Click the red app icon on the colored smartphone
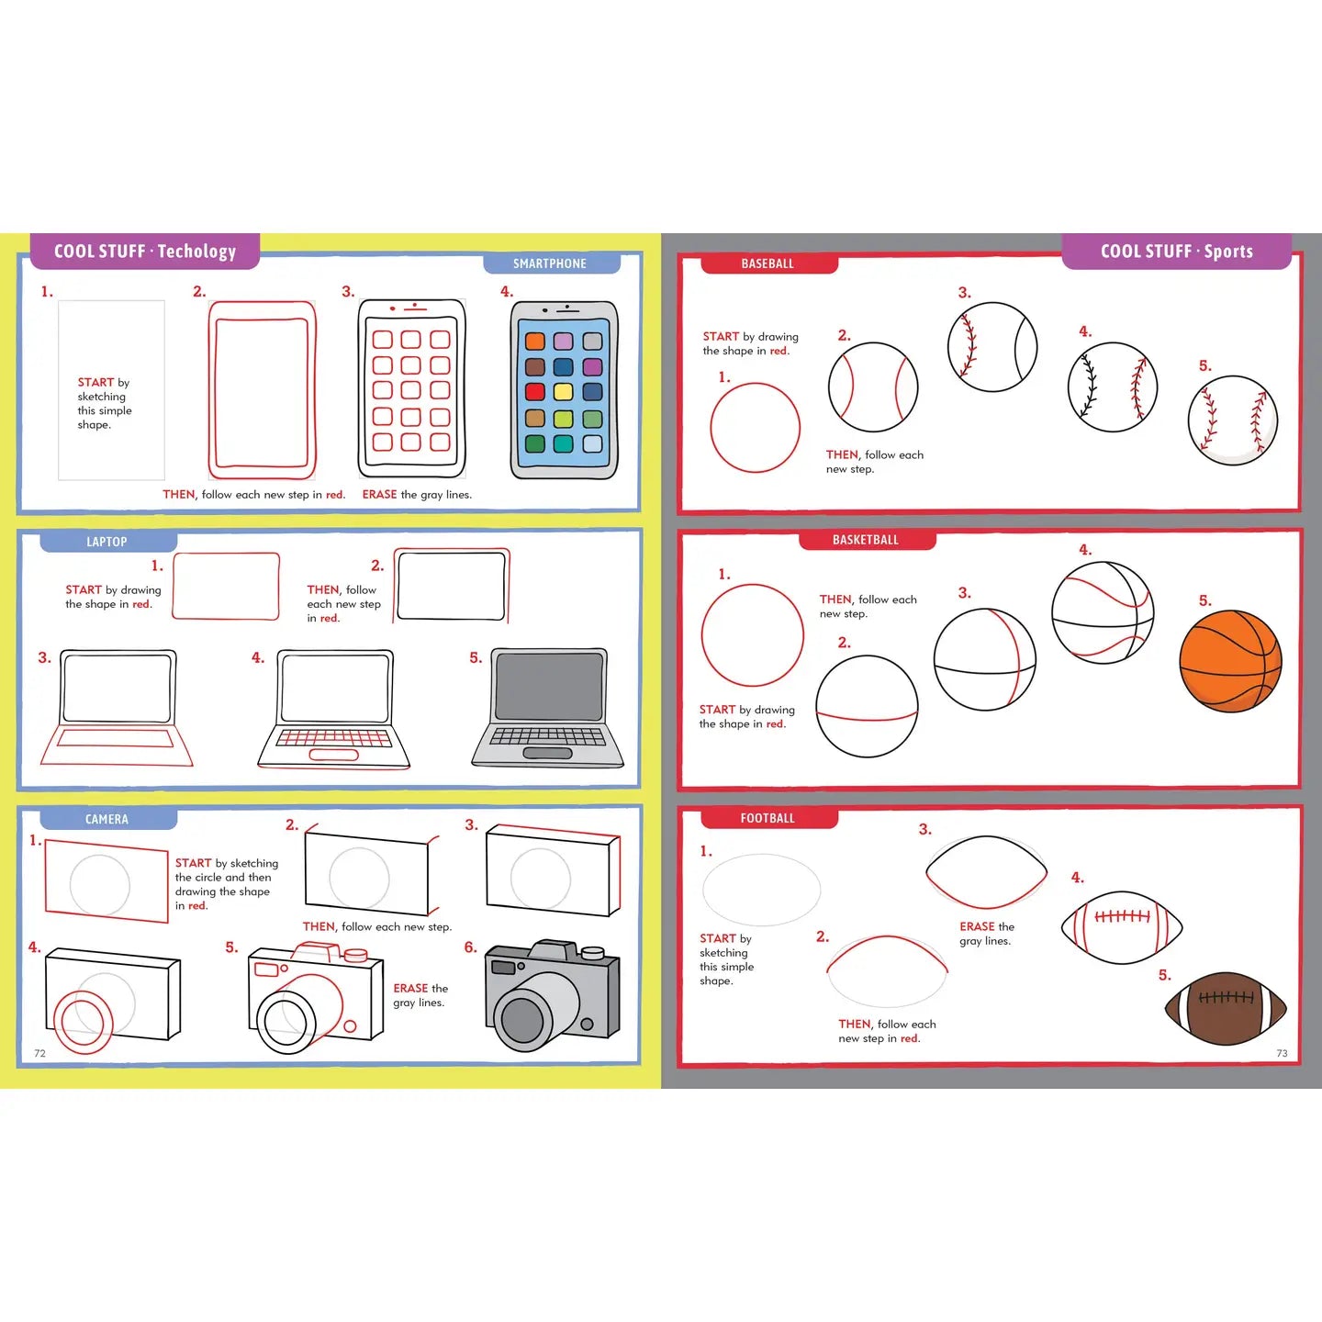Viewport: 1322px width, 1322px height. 535,392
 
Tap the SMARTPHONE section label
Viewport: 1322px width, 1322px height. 550,263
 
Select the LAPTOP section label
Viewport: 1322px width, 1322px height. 106,542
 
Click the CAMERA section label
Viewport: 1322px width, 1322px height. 106,819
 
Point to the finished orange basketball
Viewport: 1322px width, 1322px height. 1229,662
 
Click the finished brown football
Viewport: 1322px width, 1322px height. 1226,1009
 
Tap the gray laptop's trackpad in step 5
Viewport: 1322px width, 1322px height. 547,753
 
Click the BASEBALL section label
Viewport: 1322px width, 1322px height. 767,263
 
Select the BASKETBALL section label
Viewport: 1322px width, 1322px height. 866,540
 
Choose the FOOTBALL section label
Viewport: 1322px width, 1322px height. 767,818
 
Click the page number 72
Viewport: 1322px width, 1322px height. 39,1053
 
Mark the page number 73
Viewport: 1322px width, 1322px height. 1282,1053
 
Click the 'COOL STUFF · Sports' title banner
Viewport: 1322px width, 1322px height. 1176,252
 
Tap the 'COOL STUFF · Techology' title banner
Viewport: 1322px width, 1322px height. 145,252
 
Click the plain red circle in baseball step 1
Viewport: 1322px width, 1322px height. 755,428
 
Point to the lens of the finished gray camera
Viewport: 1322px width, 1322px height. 523,1018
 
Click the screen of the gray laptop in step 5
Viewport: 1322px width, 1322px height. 549,688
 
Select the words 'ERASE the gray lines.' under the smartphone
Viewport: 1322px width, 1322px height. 417,494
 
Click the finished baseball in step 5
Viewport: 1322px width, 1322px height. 1232,420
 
